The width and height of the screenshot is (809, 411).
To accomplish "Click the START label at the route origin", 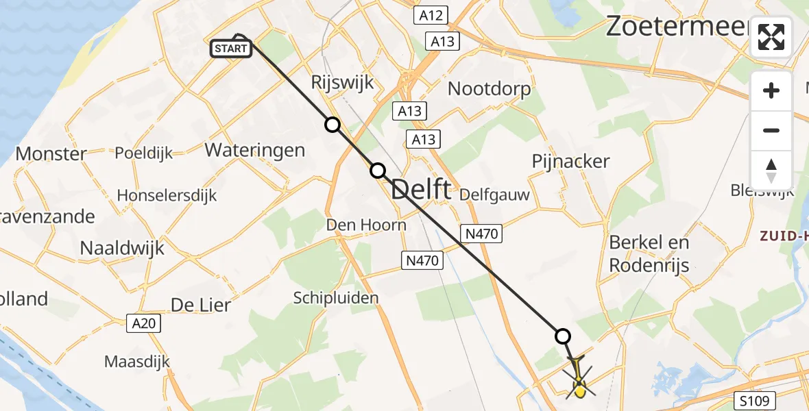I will click(232, 48).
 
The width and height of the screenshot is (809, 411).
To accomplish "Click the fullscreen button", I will click(771, 37).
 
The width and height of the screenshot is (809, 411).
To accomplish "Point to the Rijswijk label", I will click(343, 83).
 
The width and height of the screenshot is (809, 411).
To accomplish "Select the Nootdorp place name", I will click(489, 88).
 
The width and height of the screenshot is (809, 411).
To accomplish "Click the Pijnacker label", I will click(571, 161).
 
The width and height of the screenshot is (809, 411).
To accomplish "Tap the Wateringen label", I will click(254, 150).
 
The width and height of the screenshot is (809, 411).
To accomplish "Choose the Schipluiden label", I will click(336, 298).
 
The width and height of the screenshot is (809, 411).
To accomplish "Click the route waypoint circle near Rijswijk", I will click(333, 125).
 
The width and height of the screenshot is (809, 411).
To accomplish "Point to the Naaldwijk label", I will click(123, 247).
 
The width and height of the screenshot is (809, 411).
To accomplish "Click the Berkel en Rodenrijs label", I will click(649, 253).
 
